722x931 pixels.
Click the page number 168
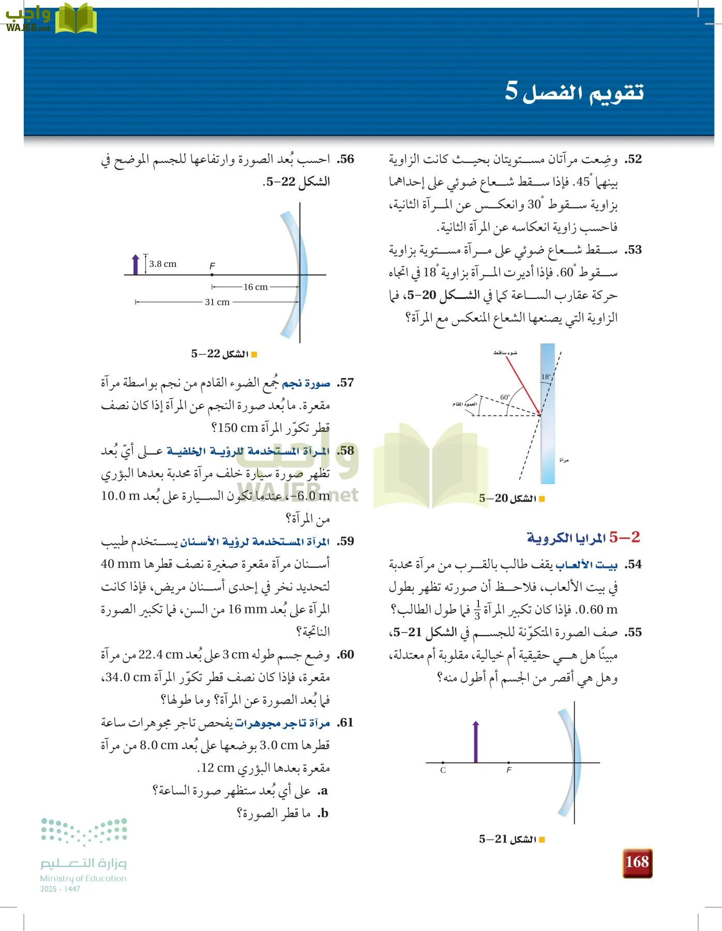637,862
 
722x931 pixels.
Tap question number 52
633,159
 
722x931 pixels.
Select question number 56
346,159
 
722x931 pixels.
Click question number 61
345,723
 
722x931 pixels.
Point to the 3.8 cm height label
162,264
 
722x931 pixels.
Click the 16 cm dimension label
255,287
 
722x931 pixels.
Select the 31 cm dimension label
217,302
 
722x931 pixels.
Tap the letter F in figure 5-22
212,266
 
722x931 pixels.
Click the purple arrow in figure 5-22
136,264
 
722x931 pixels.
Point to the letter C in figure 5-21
443,770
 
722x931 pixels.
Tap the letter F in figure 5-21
509,770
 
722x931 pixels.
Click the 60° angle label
505,397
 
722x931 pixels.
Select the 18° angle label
546,377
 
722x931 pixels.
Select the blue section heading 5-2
583,537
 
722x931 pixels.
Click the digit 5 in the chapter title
511,91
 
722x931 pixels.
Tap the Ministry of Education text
83,878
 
